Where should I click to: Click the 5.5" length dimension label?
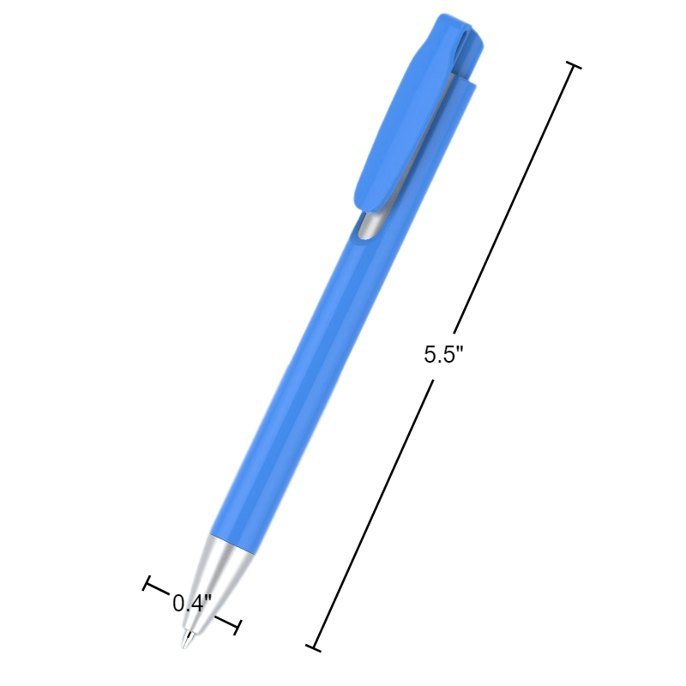pyautogui.click(x=442, y=355)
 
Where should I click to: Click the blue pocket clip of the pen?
pyautogui.click(x=403, y=120)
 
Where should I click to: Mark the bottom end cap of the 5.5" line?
pyautogui.click(x=315, y=645)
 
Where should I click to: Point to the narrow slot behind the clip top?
pyautogui.click(x=468, y=60)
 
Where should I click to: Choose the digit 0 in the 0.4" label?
pyautogui.click(x=178, y=603)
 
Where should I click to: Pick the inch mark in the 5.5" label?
pyautogui.click(x=459, y=349)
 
